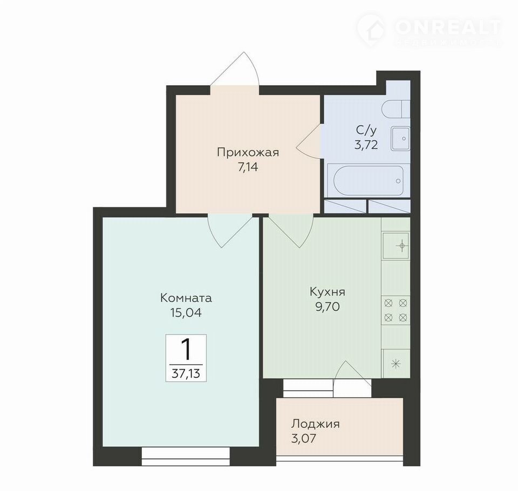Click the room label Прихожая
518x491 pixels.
pyautogui.click(x=248, y=153)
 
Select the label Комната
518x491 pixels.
pyautogui.click(x=186, y=298)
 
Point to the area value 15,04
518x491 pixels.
pyautogui.click(x=186, y=312)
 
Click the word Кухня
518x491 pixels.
pyautogui.click(x=328, y=292)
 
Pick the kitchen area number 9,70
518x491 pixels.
pyautogui.click(x=328, y=307)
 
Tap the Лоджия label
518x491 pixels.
pyautogui.click(x=315, y=424)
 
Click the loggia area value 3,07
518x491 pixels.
pyautogui.click(x=304, y=438)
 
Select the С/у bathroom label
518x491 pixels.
pyautogui.click(x=366, y=131)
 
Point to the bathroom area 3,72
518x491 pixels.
pyautogui.click(x=366, y=145)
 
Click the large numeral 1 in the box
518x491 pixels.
pyautogui.click(x=186, y=350)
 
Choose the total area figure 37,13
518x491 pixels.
pyautogui.click(x=186, y=374)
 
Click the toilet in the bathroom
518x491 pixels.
pyautogui.click(x=396, y=108)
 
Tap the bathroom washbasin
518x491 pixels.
pyautogui.click(x=400, y=139)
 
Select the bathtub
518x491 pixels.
pyautogui.click(x=369, y=180)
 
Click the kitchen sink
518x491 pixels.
pyautogui.click(x=396, y=245)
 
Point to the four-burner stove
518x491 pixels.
pyautogui.click(x=396, y=310)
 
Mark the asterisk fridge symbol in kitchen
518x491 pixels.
pyautogui.click(x=396, y=364)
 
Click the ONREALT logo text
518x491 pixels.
pyautogui.click(x=448, y=28)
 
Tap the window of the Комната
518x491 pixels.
pyautogui.click(x=186, y=456)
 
